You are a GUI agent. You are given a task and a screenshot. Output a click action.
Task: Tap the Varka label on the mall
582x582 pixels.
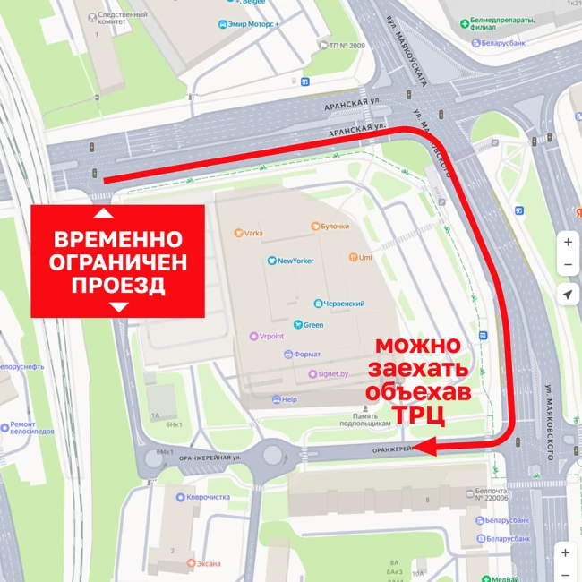(252, 234)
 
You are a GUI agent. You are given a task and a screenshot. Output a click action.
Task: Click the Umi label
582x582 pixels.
(364, 257)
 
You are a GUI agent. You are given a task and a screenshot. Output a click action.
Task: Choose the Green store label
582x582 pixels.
(312, 324)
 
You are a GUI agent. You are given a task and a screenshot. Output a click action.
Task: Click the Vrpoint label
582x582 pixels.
(272, 336)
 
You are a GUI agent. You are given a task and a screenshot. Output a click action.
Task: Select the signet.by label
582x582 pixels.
(331, 374)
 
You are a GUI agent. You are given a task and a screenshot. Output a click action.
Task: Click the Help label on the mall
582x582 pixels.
(287, 399)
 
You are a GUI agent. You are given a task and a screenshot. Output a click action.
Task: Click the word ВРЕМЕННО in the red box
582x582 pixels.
(117, 241)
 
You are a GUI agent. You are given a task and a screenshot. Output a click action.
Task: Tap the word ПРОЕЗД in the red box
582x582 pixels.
(117, 286)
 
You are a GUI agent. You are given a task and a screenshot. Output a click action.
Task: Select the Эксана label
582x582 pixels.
(207, 563)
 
